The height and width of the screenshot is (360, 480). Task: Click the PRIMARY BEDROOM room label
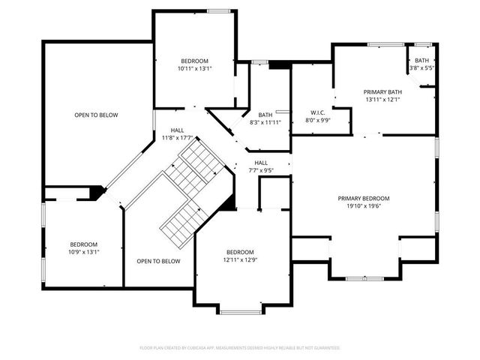click(364, 198)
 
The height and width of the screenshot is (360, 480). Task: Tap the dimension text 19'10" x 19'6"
click(364, 207)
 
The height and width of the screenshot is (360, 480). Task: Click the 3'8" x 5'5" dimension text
click(421, 68)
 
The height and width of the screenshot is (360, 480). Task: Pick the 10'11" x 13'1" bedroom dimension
click(194, 69)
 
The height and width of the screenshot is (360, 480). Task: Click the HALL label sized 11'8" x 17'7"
click(177, 130)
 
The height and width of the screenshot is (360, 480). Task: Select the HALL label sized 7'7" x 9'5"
click(261, 162)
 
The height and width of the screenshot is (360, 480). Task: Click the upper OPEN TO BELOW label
click(96, 115)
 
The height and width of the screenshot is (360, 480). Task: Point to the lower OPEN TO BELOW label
click(158, 261)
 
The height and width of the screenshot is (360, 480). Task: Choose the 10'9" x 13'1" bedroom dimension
click(84, 253)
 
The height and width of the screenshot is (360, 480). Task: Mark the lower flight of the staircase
click(181, 221)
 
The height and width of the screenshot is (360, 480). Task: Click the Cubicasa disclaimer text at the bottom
click(240, 348)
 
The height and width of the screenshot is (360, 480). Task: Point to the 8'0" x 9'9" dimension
click(316, 120)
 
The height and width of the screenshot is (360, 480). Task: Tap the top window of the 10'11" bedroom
click(218, 10)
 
